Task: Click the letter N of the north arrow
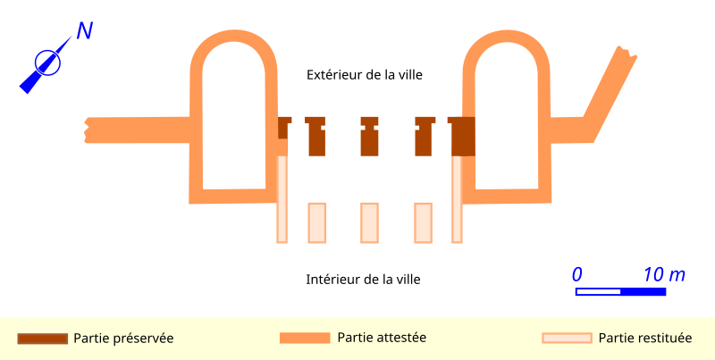point(85,31)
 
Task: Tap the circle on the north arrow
point(48,63)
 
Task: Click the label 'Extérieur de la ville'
point(365,75)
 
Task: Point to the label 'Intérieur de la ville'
point(363,279)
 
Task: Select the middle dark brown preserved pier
point(369,137)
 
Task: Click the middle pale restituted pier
point(369,222)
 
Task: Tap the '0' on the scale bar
point(577,275)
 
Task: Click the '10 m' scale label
point(664,275)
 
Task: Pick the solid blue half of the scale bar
point(643,291)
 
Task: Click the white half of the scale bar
point(598,291)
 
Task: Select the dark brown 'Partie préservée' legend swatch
point(42,339)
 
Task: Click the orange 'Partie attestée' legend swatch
point(305,338)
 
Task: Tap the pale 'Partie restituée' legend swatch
point(567,338)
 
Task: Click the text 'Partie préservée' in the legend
point(123,339)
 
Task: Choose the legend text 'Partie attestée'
point(382,338)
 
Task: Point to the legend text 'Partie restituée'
point(645,339)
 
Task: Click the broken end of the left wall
point(86,130)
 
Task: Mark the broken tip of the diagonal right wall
point(627,51)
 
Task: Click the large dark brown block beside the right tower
point(462,137)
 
